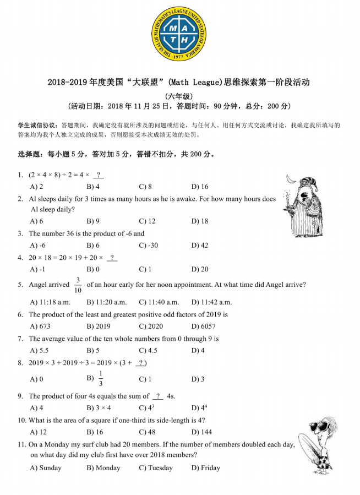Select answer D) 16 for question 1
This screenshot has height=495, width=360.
pos(200,187)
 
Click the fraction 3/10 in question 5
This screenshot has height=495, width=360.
pos(78,285)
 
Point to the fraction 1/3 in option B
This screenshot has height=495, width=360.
pos(101,379)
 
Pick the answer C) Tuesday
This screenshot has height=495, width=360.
pos(156,468)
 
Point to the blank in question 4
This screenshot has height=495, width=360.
pos(112,258)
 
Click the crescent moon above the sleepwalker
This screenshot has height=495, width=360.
pos(290,180)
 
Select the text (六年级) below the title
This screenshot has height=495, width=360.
pos(179,95)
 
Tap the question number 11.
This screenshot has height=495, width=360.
pos(21,444)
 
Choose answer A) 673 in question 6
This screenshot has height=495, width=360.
pos(40,327)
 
